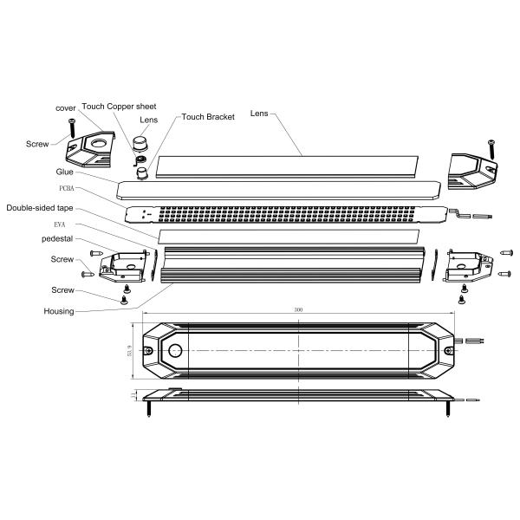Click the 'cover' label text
coord(67,107)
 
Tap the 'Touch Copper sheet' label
coord(119,107)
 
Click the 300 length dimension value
coord(299,309)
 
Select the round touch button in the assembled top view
coord(175,350)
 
